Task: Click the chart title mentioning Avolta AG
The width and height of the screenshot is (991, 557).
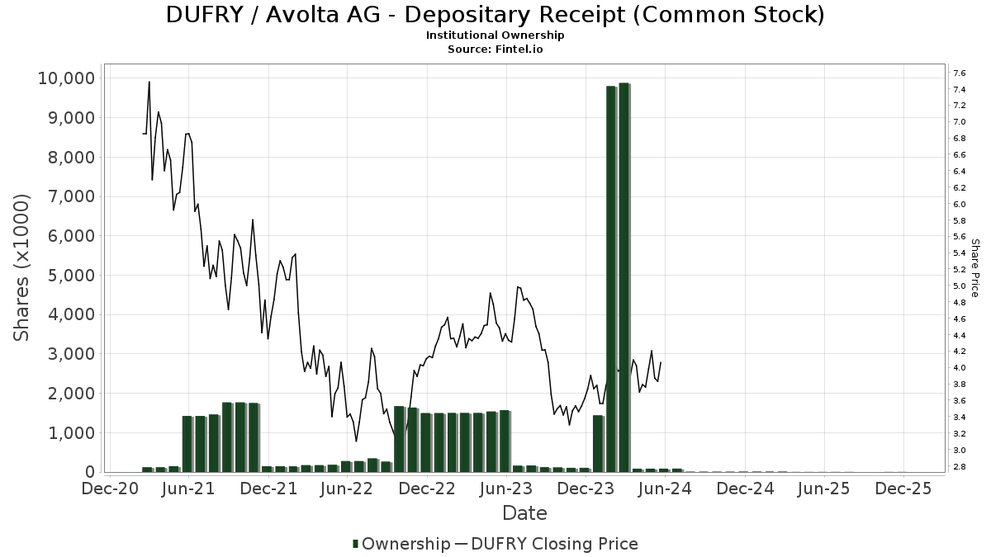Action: coord(495,15)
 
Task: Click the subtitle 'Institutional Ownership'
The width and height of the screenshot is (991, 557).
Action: coord(495,35)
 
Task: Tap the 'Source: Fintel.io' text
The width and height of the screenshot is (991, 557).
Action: coord(495,49)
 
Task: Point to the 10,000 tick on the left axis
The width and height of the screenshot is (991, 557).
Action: coord(66,78)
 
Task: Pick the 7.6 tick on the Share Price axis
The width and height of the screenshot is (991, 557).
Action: coord(959,73)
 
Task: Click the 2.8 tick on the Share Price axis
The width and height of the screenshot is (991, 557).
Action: coord(959,467)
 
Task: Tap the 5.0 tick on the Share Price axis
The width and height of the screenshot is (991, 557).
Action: coord(959,286)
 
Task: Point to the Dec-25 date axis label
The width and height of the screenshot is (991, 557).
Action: coord(903,489)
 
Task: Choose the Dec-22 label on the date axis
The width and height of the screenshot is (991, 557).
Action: coord(427,489)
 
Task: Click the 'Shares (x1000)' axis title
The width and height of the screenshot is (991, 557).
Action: coord(23,267)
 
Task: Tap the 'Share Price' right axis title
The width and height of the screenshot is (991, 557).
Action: coord(975,268)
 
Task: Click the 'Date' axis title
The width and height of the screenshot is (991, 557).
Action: coord(524,513)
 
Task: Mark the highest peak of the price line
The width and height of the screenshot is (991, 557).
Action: coord(149,82)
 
